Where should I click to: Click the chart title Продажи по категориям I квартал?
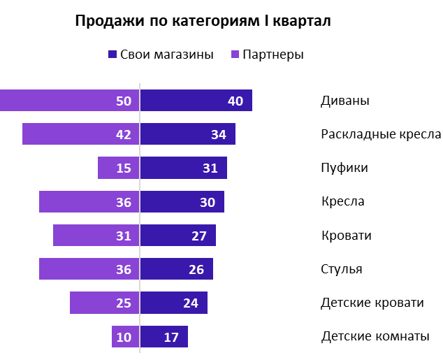tap(203, 22)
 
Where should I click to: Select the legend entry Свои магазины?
tap(160, 55)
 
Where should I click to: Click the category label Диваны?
tap(344, 101)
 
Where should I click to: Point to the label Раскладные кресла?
tap(381, 134)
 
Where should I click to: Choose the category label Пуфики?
tap(344, 168)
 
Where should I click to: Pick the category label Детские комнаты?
tap(375, 336)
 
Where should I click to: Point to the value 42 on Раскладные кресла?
tap(124, 135)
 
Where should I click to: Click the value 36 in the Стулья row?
tap(124, 269)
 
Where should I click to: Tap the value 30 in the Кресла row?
tap(208, 202)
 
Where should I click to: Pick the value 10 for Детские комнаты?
tap(124, 337)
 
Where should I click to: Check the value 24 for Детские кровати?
tap(191, 303)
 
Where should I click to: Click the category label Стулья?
tap(341, 269)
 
